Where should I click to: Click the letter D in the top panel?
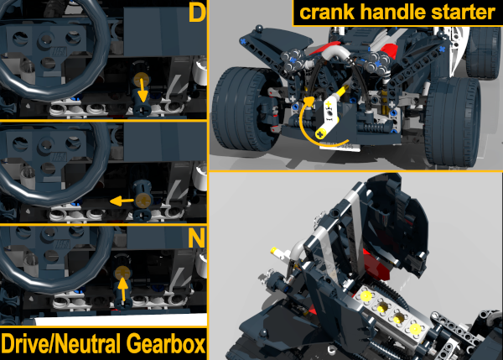(x=197, y=13)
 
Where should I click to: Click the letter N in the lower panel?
(x=197, y=238)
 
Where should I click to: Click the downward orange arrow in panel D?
(x=143, y=90)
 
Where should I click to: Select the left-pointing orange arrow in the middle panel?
(x=122, y=201)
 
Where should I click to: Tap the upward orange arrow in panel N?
(x=123, y=290)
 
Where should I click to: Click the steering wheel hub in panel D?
(x=47, y=39)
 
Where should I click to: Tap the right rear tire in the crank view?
(x=453, y=121)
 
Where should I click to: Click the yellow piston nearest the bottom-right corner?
(x=416, y=329)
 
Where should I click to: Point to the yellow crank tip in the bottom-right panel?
(x=273, y=250)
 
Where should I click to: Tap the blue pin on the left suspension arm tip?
(x=243, y=41)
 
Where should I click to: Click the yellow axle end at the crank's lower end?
(x=319, y=134)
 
